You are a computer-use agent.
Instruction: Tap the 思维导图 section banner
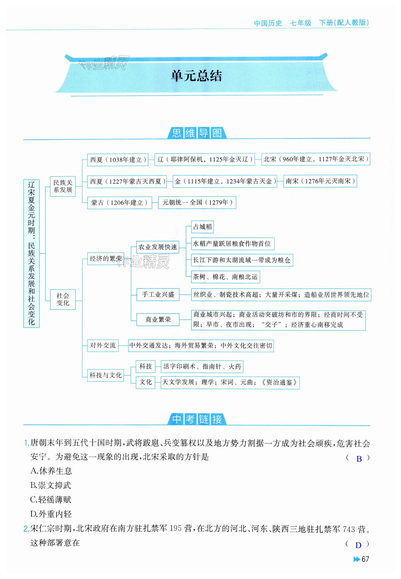click(x=197, y=133)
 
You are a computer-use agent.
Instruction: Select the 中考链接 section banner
click(x=197, y=419)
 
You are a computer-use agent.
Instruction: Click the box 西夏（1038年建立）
click(x=118, y=160)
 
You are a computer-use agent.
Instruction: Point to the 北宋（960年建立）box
click(x=316, y=159)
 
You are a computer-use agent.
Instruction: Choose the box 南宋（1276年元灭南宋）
click(x=320, y=181)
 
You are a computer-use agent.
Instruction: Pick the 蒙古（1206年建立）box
click(x=120, y=203)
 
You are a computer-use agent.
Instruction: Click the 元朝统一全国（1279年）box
click(x=197, y=203)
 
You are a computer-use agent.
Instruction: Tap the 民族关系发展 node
click(x=63, y=186)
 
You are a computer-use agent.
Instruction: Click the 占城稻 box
click(x=202, y=227)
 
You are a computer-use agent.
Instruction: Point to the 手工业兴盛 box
click(x=158, y=295)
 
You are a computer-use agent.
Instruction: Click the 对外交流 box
click(x=103, y=345)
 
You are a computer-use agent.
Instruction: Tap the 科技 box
click(x=146, y=366)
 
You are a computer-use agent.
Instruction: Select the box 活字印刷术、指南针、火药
click(x=202, y=367)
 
